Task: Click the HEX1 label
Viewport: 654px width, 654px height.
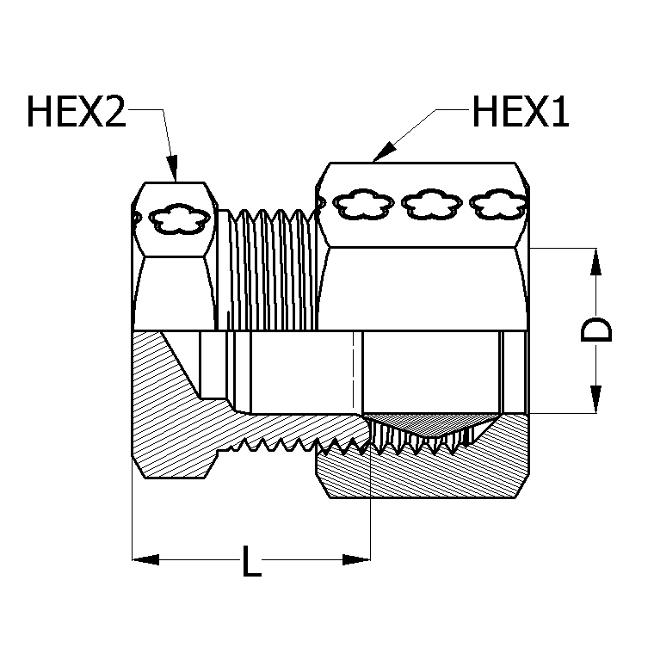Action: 520,112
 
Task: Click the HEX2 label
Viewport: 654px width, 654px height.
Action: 77,112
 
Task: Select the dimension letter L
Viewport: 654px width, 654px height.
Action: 250,564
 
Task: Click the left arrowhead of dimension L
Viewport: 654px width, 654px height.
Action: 145,560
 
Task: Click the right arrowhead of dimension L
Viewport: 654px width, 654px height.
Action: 357,560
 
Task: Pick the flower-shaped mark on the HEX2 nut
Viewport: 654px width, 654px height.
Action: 179,219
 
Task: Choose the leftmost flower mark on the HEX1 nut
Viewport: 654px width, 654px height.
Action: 363,205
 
